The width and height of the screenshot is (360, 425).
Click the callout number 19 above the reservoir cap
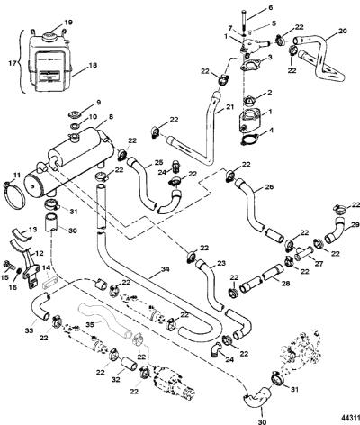(68, 23)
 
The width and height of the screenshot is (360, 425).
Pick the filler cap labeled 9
(75, 114)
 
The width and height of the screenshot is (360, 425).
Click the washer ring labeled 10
(74, 125)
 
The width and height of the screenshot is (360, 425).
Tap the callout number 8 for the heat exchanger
(111, 117)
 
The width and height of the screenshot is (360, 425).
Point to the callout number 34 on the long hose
(165, 269)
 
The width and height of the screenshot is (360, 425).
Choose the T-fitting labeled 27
(303, 254)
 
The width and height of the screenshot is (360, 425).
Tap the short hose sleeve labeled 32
(130, 364)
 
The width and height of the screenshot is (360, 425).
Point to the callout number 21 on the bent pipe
(229, 107)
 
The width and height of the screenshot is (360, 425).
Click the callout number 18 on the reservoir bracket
(93, 65)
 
